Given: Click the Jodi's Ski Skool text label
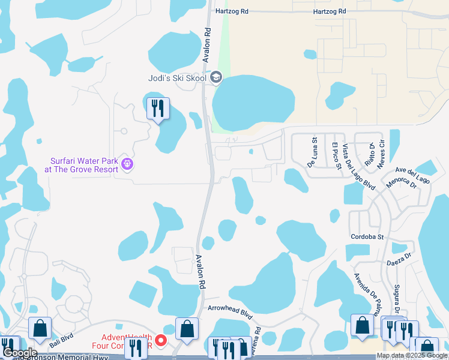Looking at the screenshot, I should (177, 78).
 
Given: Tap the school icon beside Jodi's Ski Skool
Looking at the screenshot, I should (216, 77).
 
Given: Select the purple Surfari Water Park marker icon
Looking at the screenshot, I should (127, 163).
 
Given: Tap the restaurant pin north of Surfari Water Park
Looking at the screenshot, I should (158, 109).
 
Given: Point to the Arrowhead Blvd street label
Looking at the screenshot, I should (231, 312).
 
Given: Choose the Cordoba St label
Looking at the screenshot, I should (367, 237).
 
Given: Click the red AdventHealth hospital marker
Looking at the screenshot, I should (160, 341).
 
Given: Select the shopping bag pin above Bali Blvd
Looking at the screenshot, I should (40, 328).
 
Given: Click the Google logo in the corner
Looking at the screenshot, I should (20, 353).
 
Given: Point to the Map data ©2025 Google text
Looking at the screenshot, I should (412, 356).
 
